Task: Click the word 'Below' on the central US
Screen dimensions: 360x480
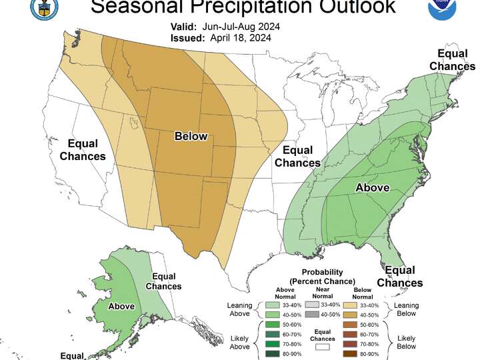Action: point(191,137)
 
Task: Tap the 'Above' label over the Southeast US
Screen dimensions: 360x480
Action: point(372,187)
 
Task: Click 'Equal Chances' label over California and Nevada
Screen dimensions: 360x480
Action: point(83,150)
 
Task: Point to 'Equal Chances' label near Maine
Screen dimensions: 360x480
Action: point(452,59)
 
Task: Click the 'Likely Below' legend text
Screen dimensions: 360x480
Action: point(405,341)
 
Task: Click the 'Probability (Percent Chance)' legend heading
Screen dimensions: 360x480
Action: point(323,277)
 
